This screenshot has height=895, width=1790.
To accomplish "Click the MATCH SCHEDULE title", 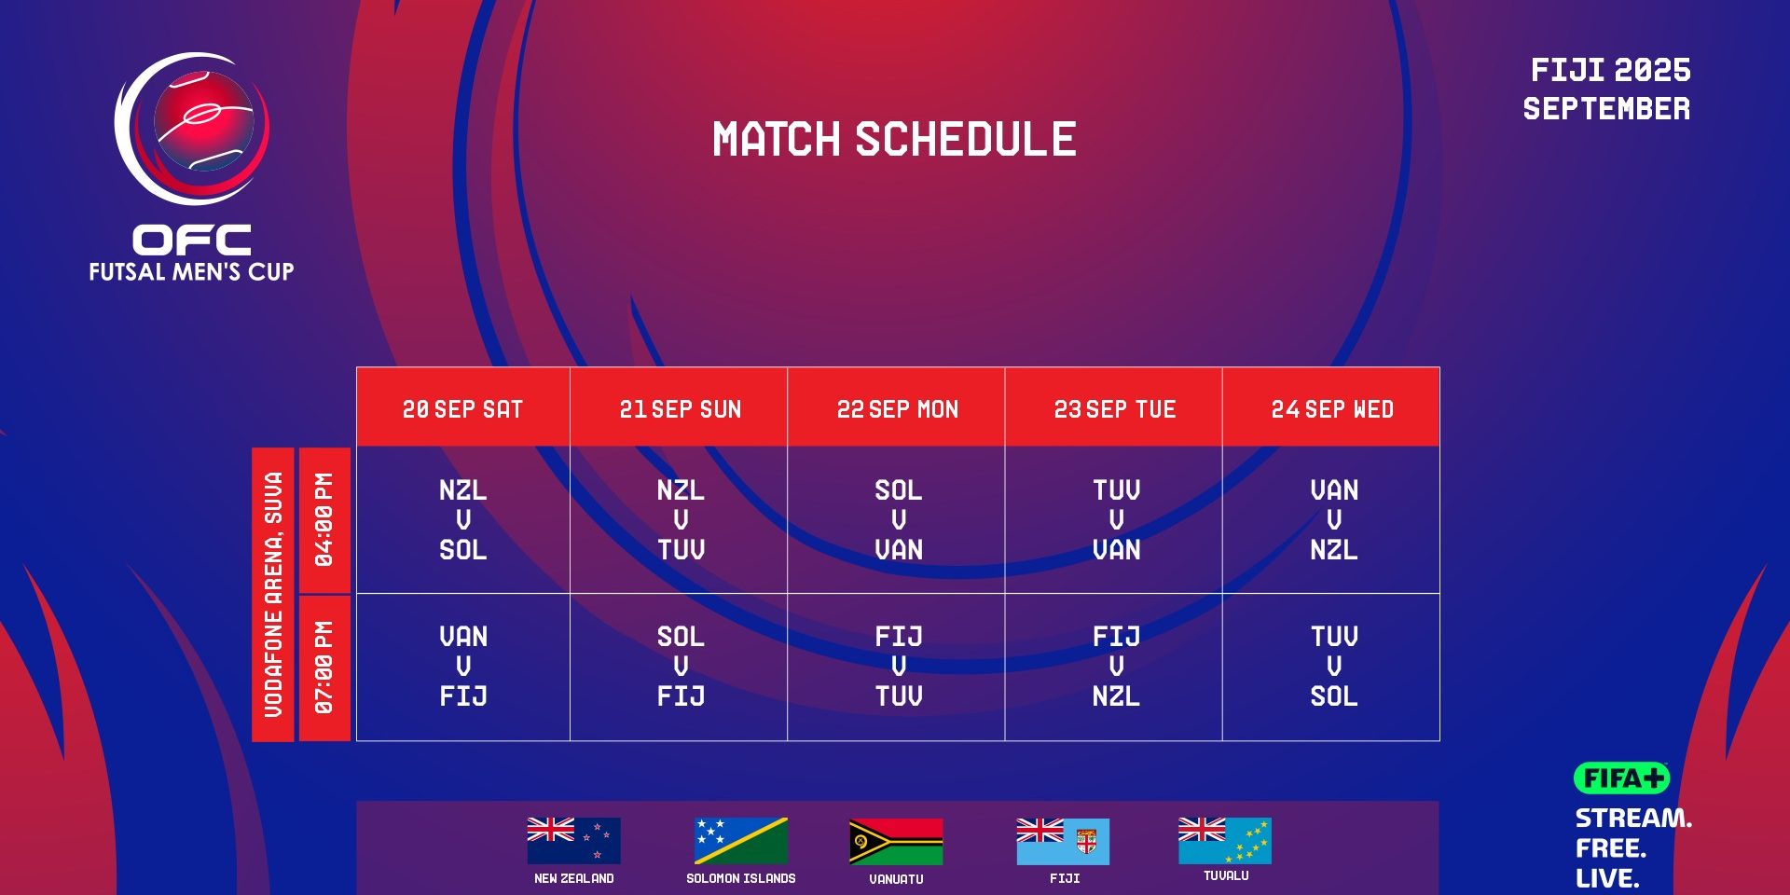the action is (894, 139).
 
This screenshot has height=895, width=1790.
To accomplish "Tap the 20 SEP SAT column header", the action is (462, 409).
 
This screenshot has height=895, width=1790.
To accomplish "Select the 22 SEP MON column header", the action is (897, 409).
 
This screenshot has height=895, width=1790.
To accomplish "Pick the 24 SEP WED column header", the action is (1332, 409).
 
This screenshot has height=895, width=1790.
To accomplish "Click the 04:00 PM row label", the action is (324, 519).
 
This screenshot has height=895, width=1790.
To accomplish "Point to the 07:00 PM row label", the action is (324, 668).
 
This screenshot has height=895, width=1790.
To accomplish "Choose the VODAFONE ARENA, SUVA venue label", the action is (273, 595).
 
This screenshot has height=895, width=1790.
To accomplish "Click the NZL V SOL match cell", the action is (463, 519).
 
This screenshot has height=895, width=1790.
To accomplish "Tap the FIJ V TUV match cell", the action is (899, 666).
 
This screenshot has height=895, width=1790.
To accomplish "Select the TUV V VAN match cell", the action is (1116, 519).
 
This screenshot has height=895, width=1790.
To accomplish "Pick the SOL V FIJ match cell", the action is (681, 666).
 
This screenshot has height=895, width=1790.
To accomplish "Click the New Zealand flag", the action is (573, 841).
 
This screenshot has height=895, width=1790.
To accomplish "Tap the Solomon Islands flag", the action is (741, 841).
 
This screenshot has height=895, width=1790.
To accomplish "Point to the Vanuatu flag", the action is (896, 842).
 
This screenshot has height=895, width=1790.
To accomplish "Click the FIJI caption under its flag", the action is (1065, 878).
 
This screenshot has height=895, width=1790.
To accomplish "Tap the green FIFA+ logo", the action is (1621, 778).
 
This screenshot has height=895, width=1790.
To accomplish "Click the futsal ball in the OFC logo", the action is (204, 121).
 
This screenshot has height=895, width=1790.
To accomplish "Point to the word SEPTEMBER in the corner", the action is (1606, 109).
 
